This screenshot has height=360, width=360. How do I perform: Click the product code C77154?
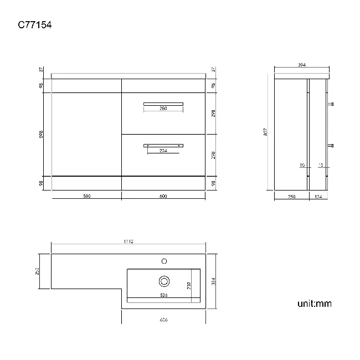tap(35, 25)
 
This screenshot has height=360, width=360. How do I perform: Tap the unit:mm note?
tap(315, 304)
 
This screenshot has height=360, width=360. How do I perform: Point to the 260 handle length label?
tap(163, 109)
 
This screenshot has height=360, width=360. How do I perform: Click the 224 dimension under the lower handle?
tap(163, 151)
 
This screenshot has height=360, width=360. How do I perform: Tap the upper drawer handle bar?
tap(163, 103)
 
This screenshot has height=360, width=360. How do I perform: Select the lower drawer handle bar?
tap(163, 145)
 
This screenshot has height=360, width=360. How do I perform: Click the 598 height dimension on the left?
tap(42, 134)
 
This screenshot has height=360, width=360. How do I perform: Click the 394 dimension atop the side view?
tap(302, 65)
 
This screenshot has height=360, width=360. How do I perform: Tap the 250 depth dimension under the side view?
tap(292, 196)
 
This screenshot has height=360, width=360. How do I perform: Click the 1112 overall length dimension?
tap(128, 241)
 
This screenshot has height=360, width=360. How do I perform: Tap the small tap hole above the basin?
tap(164, 260)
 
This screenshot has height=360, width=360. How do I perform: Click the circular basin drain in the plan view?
tap(164, 280)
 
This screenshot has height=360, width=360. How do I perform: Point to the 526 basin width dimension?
tap(163, 295)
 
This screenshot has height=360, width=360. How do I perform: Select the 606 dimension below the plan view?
tap(163, 320)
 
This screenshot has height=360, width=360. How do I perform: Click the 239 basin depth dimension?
tap(188, 285)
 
